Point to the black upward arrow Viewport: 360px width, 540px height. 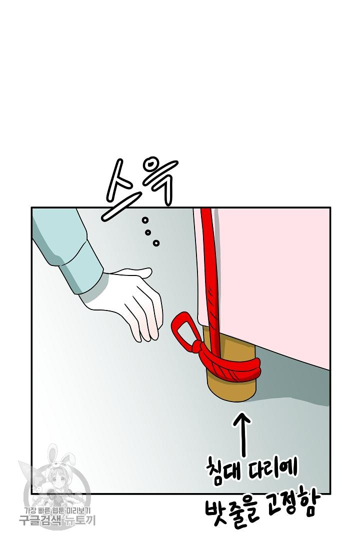click(x=244, y=434)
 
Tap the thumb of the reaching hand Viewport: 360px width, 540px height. click(x=136, y=273)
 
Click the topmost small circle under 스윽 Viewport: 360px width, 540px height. click(x=145, y=220)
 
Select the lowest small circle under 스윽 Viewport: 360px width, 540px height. click(x=156, y=243)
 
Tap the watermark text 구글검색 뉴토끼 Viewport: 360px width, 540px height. click(x=57, y=520)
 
